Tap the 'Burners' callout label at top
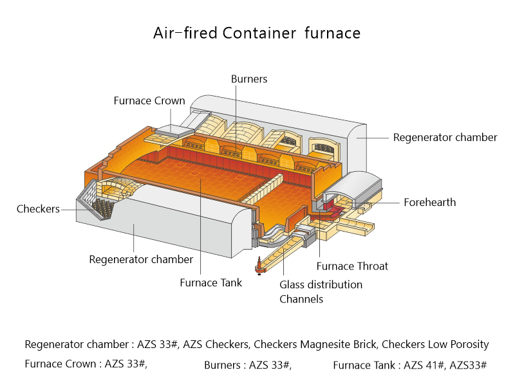coord(248,79)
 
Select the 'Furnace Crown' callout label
coord(149,101)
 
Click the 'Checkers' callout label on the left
coord(38,209)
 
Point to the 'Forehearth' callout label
coord(429,202)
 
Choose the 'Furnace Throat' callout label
coord(352,266)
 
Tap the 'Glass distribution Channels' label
coord(321,291)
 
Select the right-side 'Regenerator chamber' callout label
coord(445,137)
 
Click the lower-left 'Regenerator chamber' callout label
coord(140,260)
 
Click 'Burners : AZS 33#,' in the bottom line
coord(248,365)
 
